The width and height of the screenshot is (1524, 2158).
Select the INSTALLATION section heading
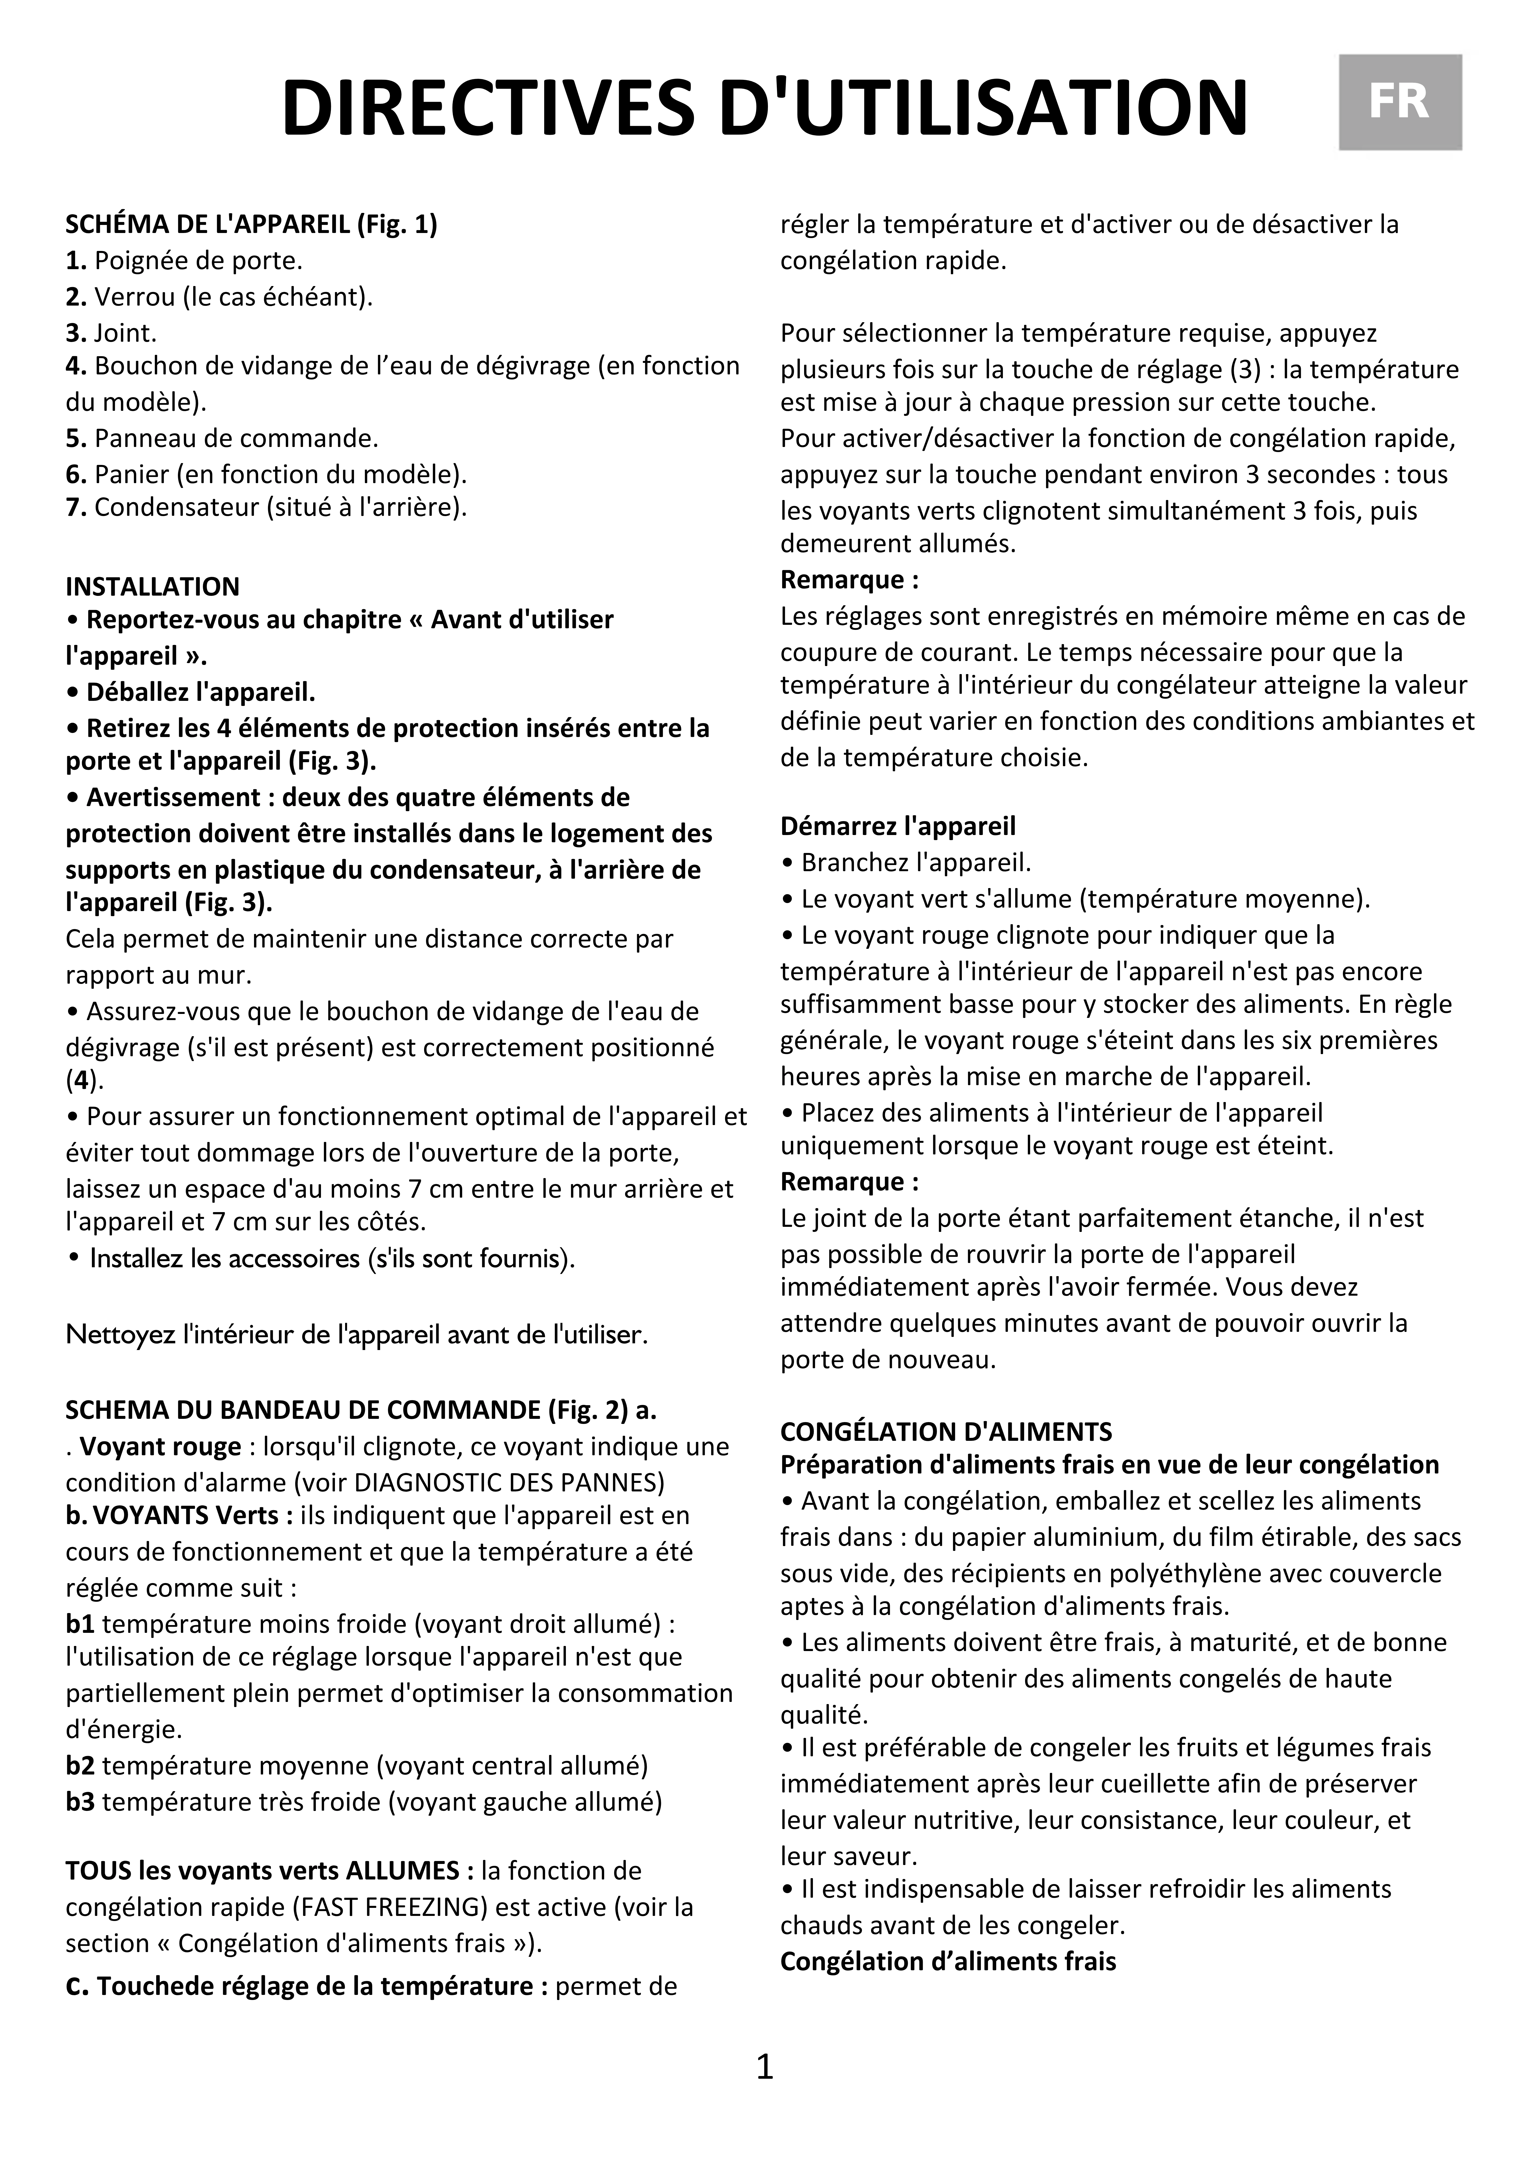coord(152,587)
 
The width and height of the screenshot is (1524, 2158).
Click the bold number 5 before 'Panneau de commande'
coord(75,438)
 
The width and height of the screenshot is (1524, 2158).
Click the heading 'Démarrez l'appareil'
coord(898,826)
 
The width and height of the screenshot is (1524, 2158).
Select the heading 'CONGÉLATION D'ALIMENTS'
coord(946,1431)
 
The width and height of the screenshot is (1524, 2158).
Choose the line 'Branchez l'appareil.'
coord(916,862)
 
